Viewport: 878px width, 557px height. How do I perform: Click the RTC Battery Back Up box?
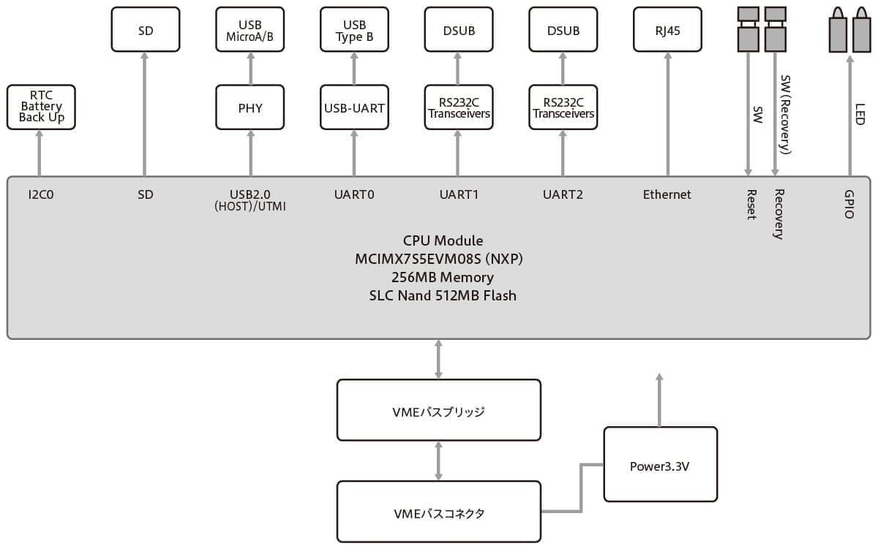click(x=41, y=107)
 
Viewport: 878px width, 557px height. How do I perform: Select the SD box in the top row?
click(x=145, y=30)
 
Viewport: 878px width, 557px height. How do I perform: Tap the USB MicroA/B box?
click(x=250, y=30)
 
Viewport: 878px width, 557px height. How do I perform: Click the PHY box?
click(x=250, y=107)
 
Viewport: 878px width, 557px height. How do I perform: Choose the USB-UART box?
click(x=354, y=107)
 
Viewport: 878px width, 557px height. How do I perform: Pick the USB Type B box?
click(x=354, y=30)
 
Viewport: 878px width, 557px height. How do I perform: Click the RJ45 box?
click(x=667, y=30)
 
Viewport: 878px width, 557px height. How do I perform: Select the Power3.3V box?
click(x=660, y=465)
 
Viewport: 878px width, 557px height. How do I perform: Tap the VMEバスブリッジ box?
click(x=438, y=411)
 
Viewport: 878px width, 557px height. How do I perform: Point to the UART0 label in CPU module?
click(x=354, y=195)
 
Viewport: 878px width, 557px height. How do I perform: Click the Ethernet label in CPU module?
click(x=667, y=195)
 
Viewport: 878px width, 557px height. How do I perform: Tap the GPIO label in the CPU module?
click(x=849, y=205)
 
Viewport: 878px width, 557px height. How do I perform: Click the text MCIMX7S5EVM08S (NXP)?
click(x=438, y=259)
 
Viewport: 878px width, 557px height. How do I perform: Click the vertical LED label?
click(x=860, y=113)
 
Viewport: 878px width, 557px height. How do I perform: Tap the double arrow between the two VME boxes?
click(x=438, y=461)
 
